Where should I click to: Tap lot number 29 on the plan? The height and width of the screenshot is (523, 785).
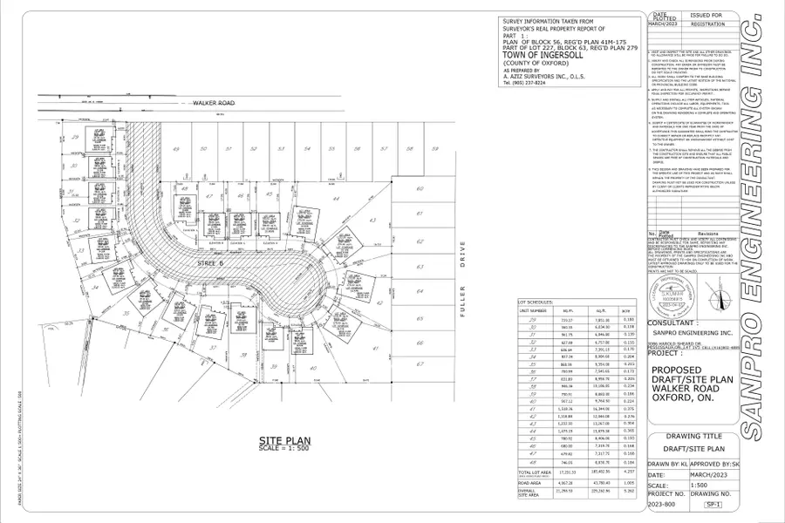click(76, 138)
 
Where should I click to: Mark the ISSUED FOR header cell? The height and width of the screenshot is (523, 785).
click(706, 16)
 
